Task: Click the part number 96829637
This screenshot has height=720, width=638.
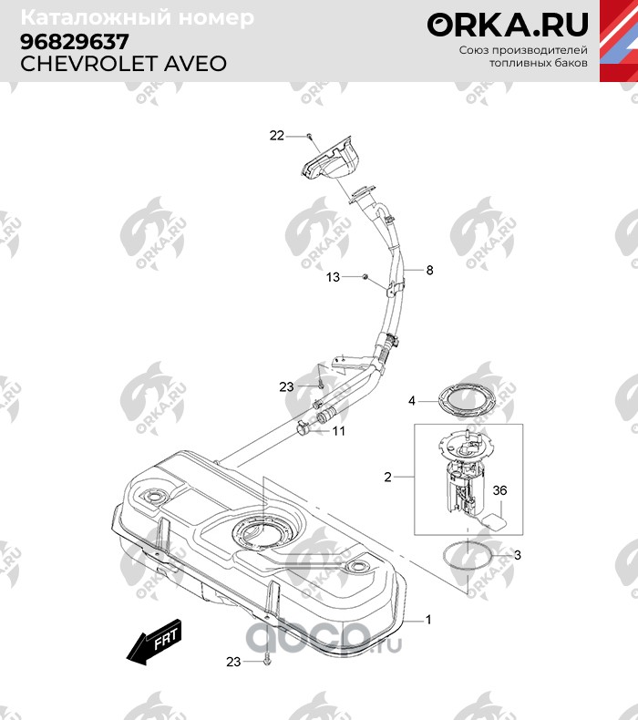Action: click(74, 42)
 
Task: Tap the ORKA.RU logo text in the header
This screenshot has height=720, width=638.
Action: click(508, 25)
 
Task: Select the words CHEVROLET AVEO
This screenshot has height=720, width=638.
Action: click(123, 64)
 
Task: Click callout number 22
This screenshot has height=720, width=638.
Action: click(276, 136)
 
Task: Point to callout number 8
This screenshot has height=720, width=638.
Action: click(429, 271)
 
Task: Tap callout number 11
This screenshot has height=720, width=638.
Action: click(338, 431)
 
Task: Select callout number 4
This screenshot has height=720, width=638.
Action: click(412, 400)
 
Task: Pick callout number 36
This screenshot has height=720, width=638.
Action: click(499, 491)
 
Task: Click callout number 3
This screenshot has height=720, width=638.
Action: click(518, 554)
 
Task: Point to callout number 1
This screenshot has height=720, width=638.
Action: click(429, 620)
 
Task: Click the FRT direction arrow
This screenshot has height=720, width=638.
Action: click(153, 643)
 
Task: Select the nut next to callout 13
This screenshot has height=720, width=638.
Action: click(364, 275)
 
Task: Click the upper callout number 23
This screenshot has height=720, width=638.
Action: click(286, 386)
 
